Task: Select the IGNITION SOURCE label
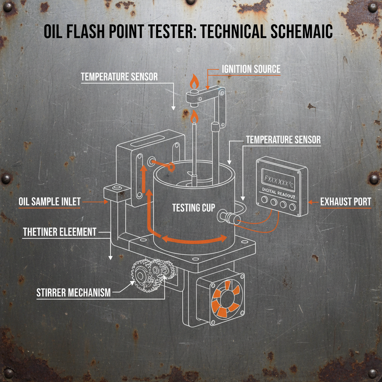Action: (251, 69)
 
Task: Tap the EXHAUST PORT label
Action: (345, 202)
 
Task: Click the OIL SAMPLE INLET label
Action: (50, 202)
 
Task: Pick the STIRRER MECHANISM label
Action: (73, 292)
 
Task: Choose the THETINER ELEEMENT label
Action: (60, 232)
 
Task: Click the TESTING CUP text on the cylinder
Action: (193, 208)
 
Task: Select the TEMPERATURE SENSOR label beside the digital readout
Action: (283, 140)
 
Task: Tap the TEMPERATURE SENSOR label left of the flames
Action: (119, 77)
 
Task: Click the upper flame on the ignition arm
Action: (193, 81)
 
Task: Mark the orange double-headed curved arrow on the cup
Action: (194, 239)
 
